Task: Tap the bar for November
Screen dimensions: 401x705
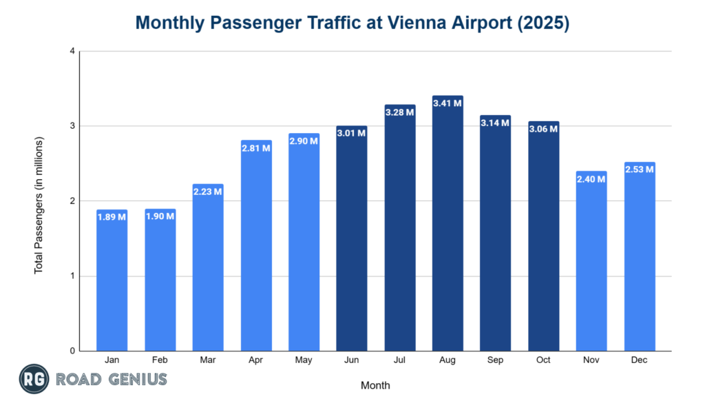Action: [591, 261]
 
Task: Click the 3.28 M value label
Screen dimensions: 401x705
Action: [399, 112]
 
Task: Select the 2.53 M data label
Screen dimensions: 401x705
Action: [640, 169]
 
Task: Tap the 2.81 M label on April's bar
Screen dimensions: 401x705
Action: [255, 147]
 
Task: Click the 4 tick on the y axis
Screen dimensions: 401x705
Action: [72, 51]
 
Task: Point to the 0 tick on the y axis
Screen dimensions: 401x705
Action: [72, 351]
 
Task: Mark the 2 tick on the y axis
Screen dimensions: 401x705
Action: [72, 201]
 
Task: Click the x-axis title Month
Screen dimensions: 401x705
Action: [375, 385]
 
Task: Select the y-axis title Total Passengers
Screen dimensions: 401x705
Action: [39, 205]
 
